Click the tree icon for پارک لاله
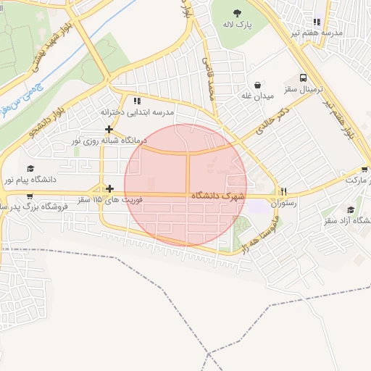click(x=238, y=13)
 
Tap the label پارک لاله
click(x=238, y=25)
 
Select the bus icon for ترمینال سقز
click(x=303, y=78)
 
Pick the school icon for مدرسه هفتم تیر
click(x=317, y=22)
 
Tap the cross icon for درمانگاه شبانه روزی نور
click(x=109, y=129)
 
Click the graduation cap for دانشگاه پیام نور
click(x=30, y=168)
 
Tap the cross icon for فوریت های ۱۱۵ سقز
click(x=109, y=189)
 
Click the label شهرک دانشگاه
click(x=218, y=196)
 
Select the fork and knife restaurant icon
click(x=284, y=193)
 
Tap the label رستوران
click(x=284, y=204)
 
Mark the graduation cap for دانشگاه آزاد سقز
click(x=351, y=209)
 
